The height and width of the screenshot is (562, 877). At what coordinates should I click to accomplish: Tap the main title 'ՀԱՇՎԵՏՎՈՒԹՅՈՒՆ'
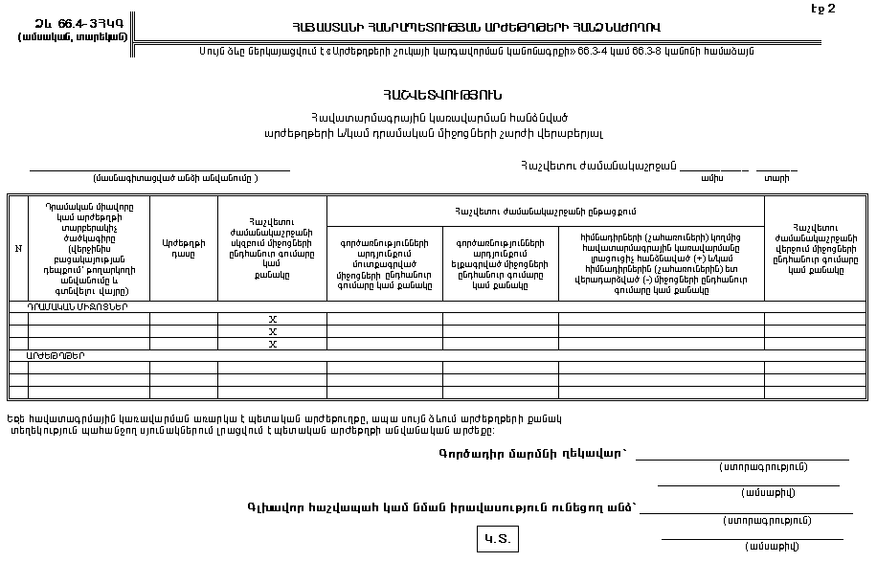coord(441,95)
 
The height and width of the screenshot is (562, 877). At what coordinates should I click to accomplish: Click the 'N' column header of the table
coord(18,249)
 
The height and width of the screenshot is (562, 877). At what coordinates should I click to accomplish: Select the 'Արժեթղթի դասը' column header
coord(184,249)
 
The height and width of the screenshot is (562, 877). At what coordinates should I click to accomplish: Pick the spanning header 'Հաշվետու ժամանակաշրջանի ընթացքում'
coord(545,211)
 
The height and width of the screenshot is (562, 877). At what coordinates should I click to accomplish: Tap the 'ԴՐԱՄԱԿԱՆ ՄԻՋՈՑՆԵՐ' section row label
coord(78,307)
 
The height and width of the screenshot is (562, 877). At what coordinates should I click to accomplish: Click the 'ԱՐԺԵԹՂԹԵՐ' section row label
coord(56,355)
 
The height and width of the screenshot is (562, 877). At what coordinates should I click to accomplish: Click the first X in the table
coord(272,320)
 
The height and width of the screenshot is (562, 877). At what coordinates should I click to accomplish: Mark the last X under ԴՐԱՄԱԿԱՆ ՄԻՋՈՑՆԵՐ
coord(272,344)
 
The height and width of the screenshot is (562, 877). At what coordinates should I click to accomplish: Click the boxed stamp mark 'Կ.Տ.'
coord(497,539)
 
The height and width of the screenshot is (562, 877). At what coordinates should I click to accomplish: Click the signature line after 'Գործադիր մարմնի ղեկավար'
coord(742,460)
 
